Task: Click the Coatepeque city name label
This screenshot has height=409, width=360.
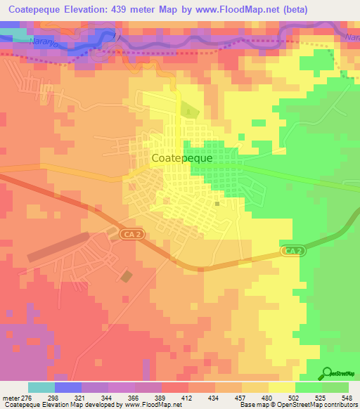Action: [x=182, y=159]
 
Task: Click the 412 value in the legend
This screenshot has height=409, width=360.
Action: [x=188, y=397]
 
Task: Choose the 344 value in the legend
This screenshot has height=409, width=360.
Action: [x=108, y=397]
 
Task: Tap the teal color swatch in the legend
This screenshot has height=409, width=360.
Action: [x=41, y=387]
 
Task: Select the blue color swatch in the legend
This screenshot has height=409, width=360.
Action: [x=68, y=387]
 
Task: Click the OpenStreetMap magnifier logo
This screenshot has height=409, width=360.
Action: [x=328, y=374]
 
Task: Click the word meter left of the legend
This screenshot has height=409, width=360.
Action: [x=12, y=397]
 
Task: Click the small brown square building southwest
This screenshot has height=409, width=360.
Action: [x=125, y=276]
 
